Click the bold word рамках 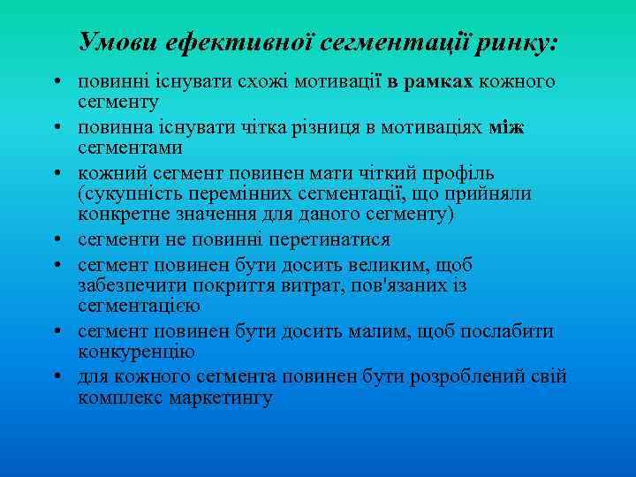(439, 83)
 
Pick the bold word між (506, 129)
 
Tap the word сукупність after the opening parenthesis (131, 193)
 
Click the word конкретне (124, 216)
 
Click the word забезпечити (129, 286)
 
